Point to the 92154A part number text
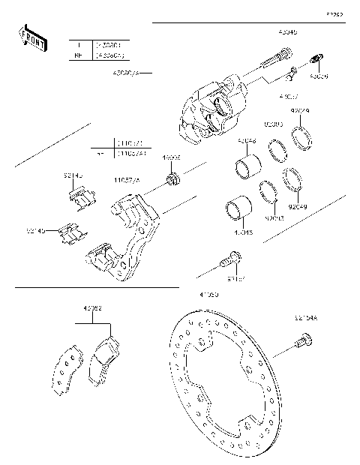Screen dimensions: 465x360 [305, 319]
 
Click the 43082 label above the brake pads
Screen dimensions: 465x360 [92, 308]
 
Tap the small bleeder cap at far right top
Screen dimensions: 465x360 [316, 61]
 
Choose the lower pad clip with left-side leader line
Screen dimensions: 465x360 [71, 233]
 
